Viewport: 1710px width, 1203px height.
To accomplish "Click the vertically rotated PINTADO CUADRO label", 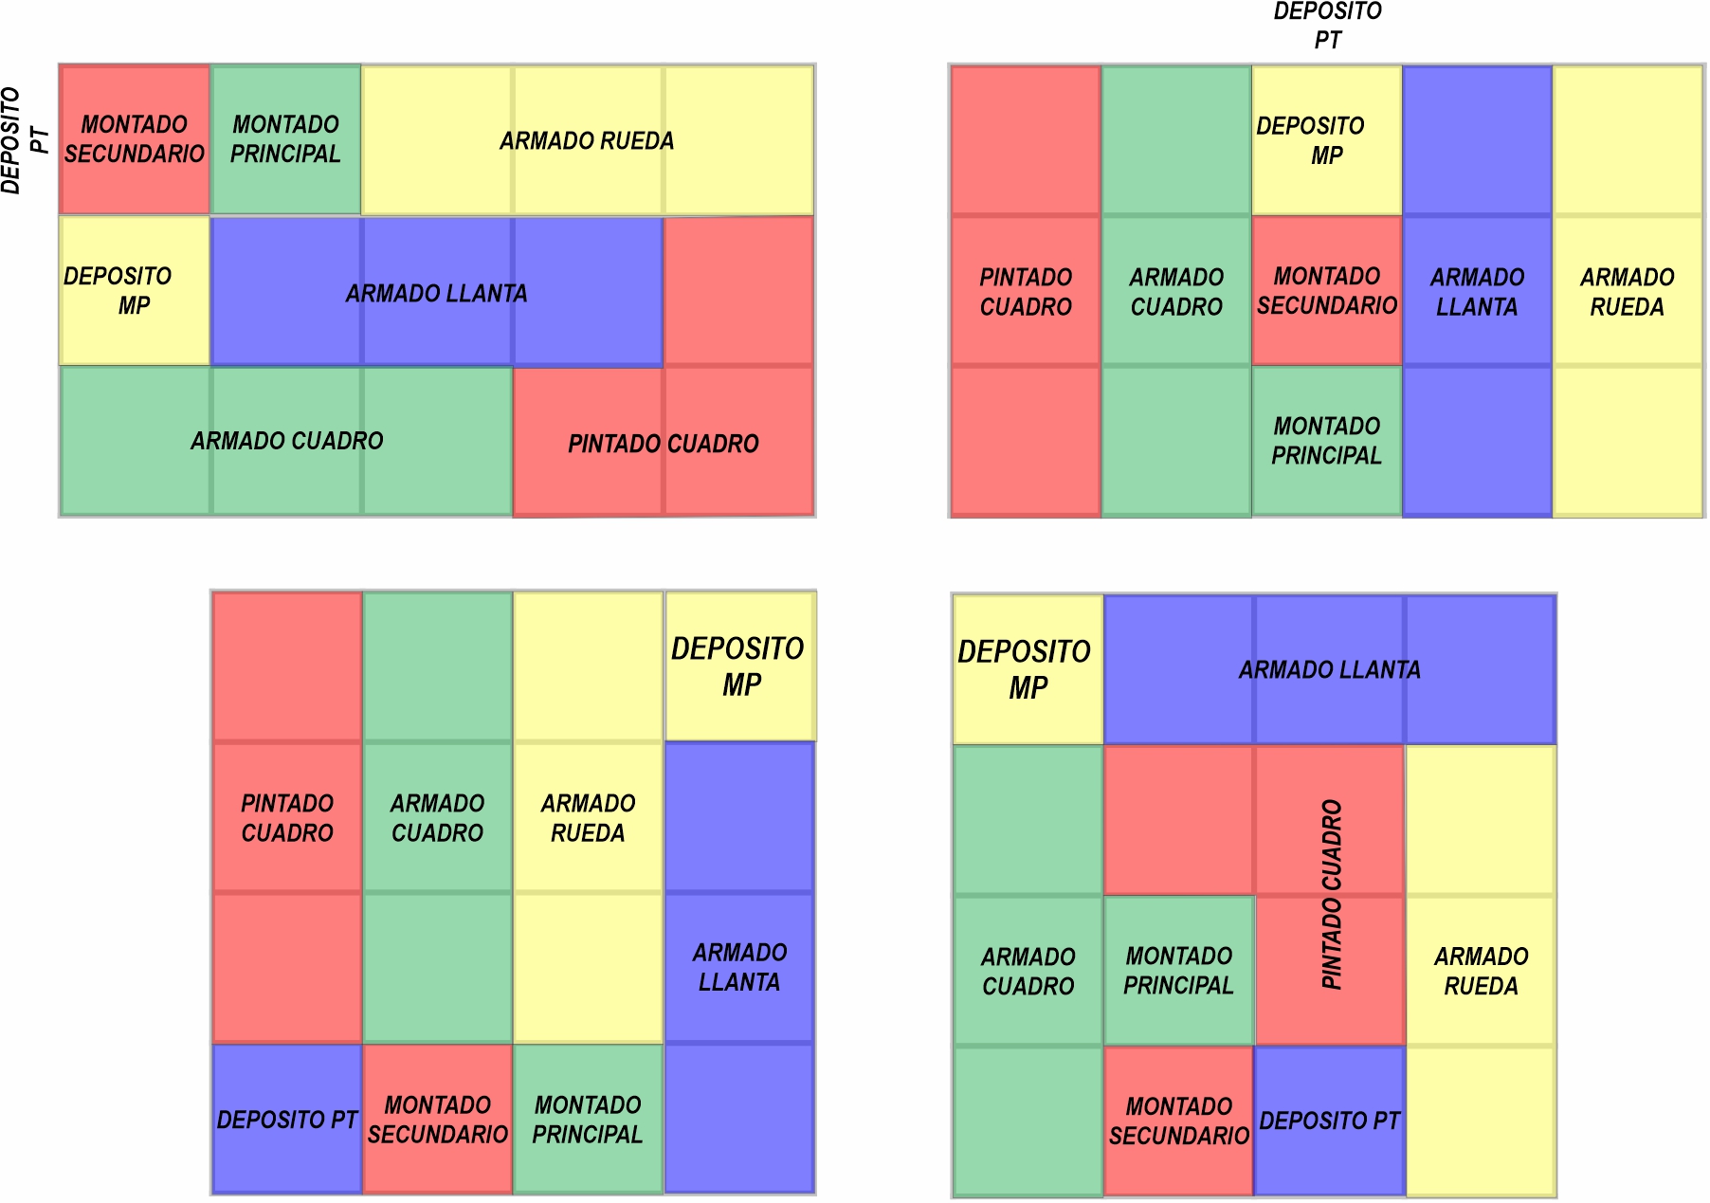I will pos(1332,894).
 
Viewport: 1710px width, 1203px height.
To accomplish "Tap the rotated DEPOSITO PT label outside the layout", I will pos(25,139).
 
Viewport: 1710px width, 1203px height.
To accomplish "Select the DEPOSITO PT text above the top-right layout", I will pos(1327,26).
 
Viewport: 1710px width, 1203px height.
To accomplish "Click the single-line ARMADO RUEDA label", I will pos(587,141).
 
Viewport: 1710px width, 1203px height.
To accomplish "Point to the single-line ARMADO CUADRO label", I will pos(287,441).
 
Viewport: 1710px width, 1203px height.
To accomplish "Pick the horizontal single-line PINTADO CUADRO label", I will pos(664,444).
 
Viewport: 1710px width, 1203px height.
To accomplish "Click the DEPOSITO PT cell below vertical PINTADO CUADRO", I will pos(1329,1121).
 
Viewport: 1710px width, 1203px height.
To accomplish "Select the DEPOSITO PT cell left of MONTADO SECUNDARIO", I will pos(286,1120).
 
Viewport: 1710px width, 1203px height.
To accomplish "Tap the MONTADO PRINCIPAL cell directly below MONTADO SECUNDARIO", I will pos(1326,441).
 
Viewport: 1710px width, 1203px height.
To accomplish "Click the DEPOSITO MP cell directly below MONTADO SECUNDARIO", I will pos(134,291).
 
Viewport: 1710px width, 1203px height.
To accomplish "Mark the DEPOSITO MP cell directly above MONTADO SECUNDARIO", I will pos(1326,140).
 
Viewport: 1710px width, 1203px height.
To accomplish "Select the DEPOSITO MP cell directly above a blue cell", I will pos(740,666).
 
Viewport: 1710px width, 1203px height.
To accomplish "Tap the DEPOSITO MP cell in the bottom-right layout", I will pos(1027,669).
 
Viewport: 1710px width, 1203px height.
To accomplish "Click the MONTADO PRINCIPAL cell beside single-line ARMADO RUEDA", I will pos(285,139).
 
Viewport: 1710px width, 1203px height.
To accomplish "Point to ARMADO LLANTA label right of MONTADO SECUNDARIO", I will pos(1477,292).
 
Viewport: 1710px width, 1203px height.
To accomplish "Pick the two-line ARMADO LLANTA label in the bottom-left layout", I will pos(739,967).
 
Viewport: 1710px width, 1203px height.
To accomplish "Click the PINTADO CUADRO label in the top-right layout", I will pos(1026,292).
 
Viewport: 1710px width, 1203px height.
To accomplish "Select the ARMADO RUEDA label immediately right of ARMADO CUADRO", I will pos(588,818).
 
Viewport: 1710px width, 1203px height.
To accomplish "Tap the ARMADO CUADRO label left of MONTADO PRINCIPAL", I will pos(1028,971).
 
